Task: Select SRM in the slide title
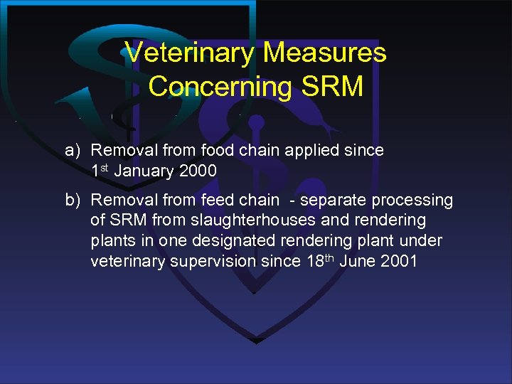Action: [333, 87]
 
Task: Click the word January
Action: [146, 171]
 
